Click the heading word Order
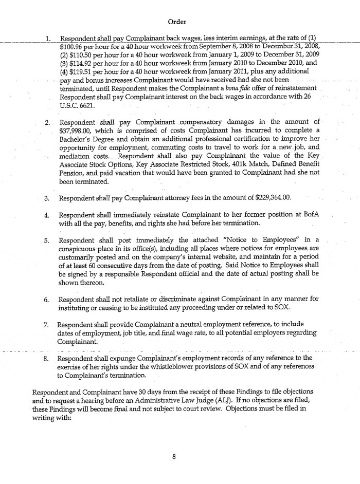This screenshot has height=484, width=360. coord(176,22)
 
